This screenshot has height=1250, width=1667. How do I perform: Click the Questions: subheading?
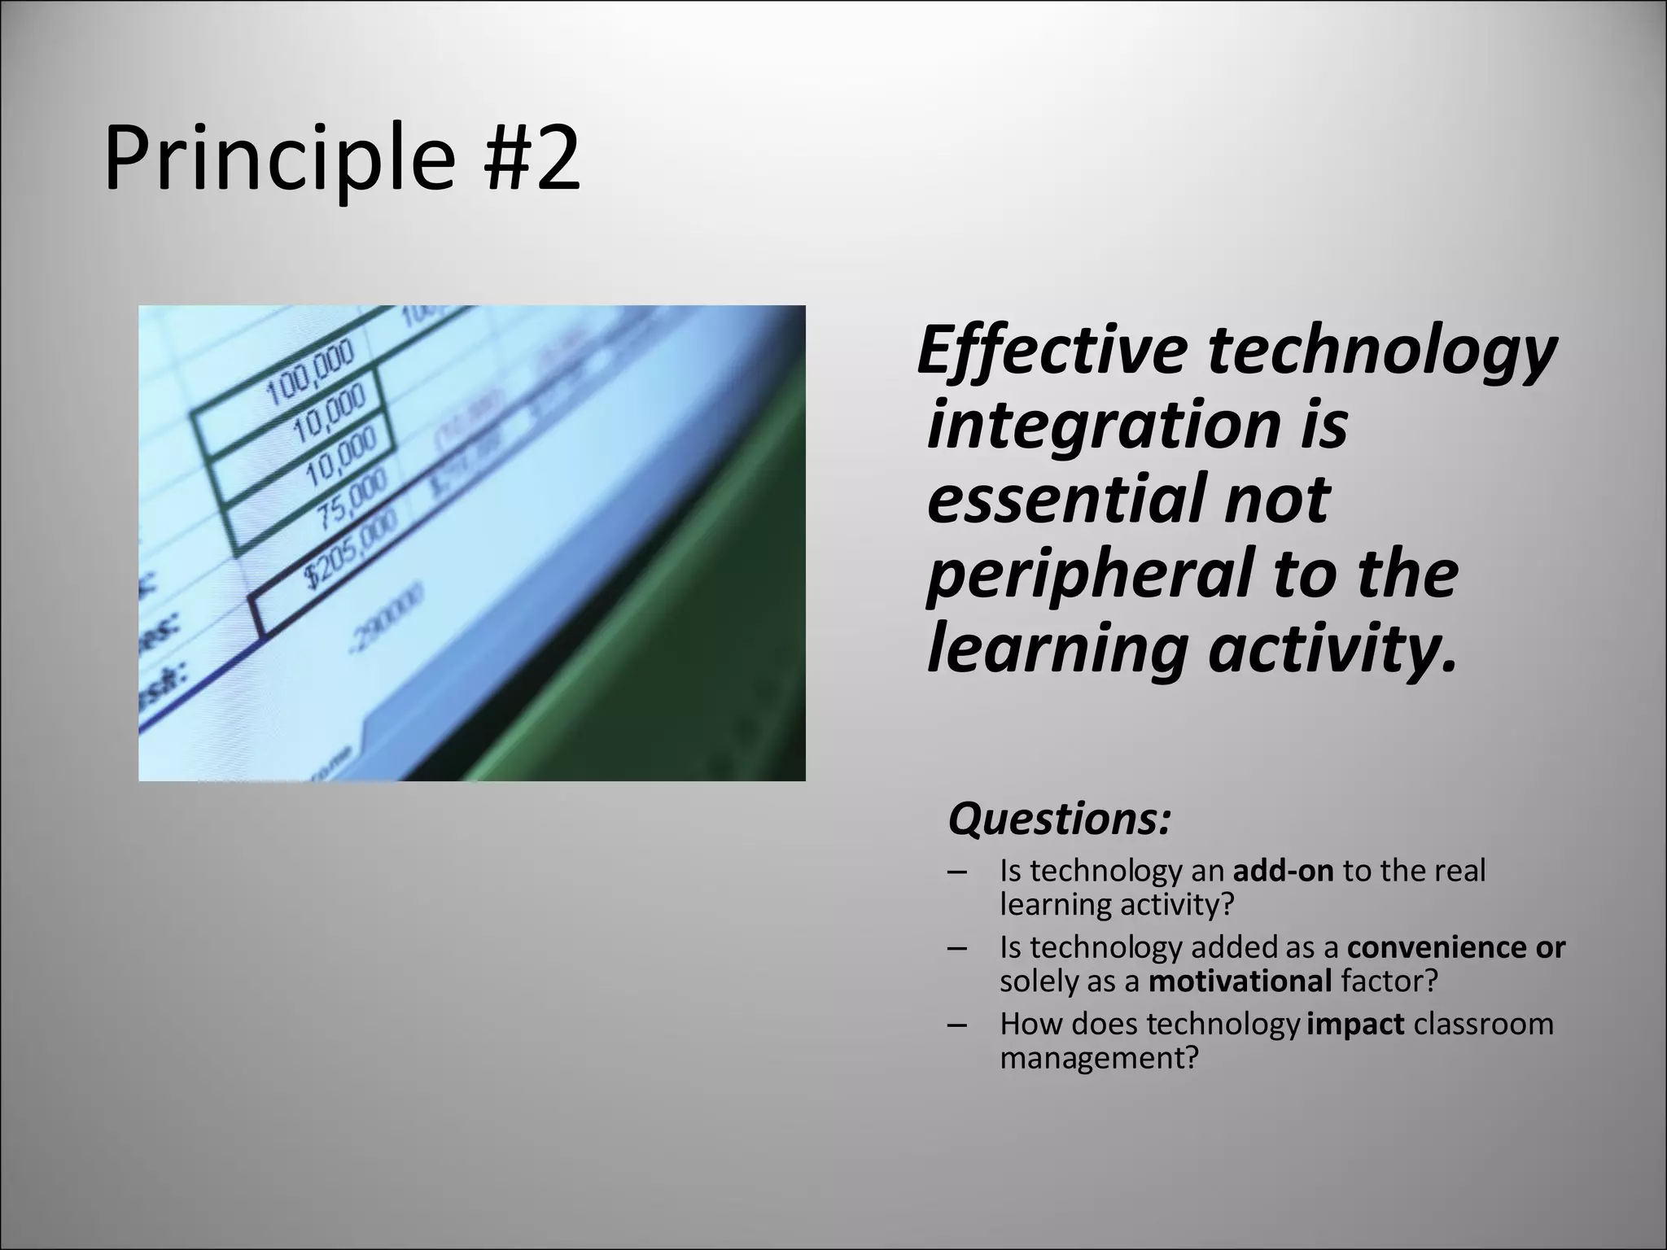click(x=1059, y=819)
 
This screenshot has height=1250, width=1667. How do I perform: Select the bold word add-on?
click(x=1284, y=872)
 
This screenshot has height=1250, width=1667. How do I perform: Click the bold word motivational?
click(x=1240, y=981)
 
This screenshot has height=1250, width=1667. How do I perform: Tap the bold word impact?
click(x=1356, y=1024)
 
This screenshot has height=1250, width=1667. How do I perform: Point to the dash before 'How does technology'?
click(x=957, y=1025)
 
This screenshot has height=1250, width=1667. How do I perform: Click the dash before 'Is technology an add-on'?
click(x=957, y=873)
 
